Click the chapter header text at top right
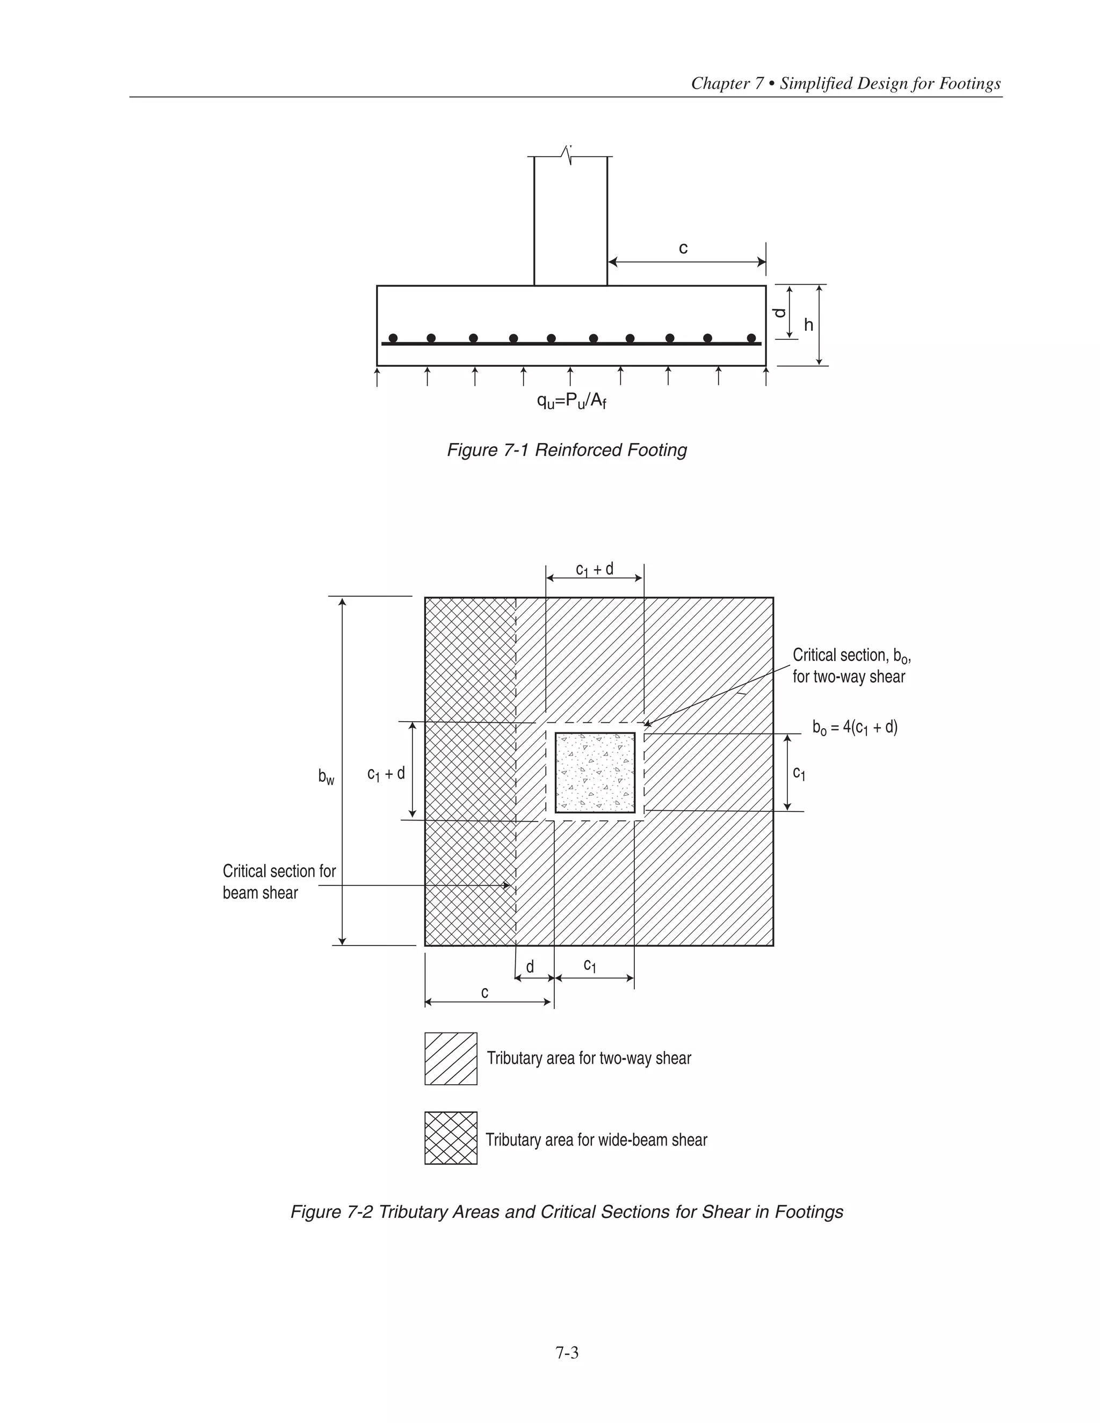[x=845, y=83]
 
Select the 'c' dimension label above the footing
[x=683, y=248]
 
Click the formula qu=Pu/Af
[x=571, y=401]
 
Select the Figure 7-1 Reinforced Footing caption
[x=566, y=450]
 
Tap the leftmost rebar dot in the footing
[x=393, y=338]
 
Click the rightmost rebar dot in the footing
[x=751, y=338]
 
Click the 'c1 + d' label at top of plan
[x=595, y=569]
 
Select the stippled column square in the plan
[x=595, y=772]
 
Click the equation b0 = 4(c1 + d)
[x=855, y=727]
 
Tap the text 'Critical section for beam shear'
[x=279, y=882]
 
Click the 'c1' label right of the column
[x=799, y=773]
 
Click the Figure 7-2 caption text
[x=566, y=1212]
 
